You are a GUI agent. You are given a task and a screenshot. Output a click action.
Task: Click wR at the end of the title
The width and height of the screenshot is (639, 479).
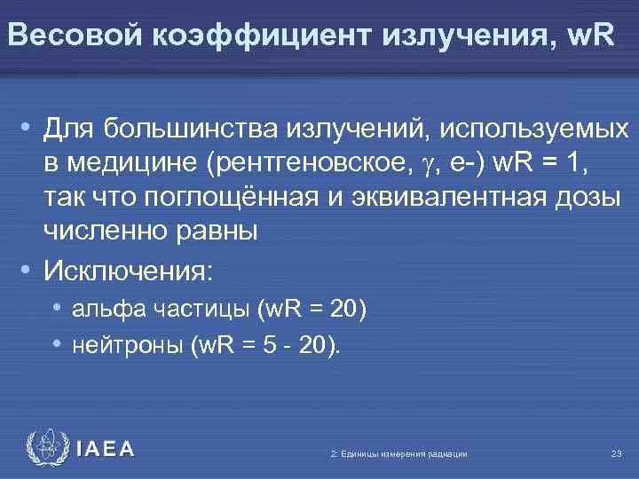(x=588, y=35)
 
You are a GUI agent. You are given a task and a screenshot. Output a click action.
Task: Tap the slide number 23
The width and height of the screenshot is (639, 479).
(x=616, y=454)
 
